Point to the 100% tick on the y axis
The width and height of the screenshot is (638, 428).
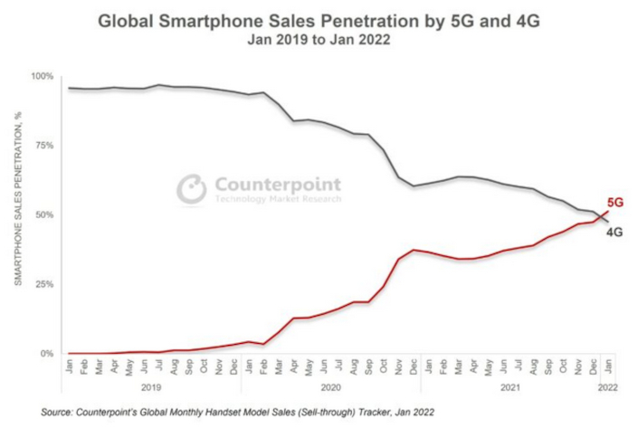43,76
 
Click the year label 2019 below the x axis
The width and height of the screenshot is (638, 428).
151,386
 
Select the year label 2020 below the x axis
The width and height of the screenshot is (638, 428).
329,386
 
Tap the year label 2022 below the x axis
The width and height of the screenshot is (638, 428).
607,386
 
